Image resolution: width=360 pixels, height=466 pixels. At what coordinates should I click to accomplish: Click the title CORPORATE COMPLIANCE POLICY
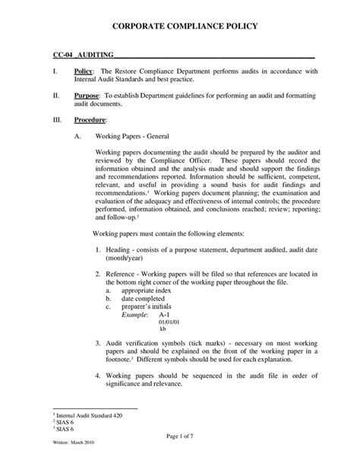pyautogui.click(x=180, y=27)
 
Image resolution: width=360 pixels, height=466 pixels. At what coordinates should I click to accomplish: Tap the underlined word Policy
pyautogui.click(x=84, y=71)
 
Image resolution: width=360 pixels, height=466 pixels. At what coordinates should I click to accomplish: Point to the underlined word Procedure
pyautogui.click(x=90, y=121)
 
